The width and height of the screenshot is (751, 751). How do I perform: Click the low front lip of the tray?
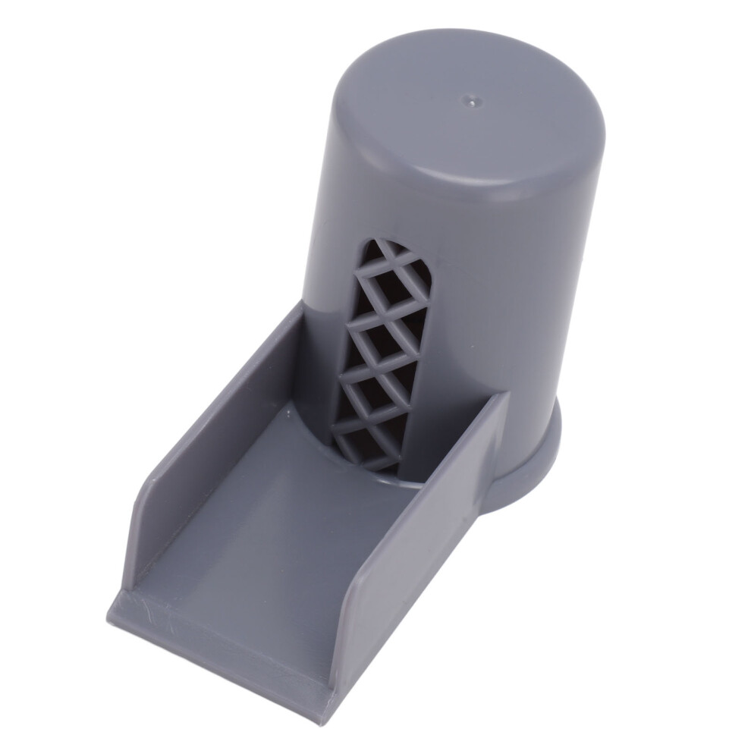click(x=220, y=645)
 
